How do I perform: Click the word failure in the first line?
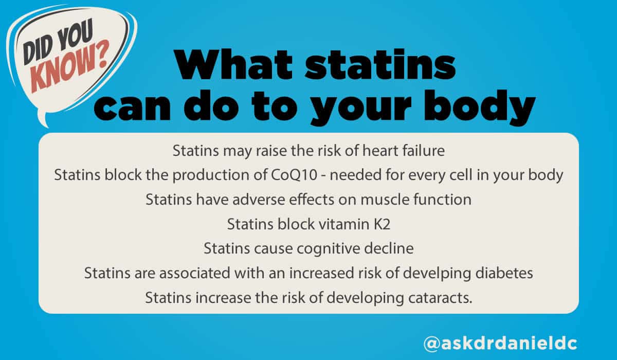coord(418,151)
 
